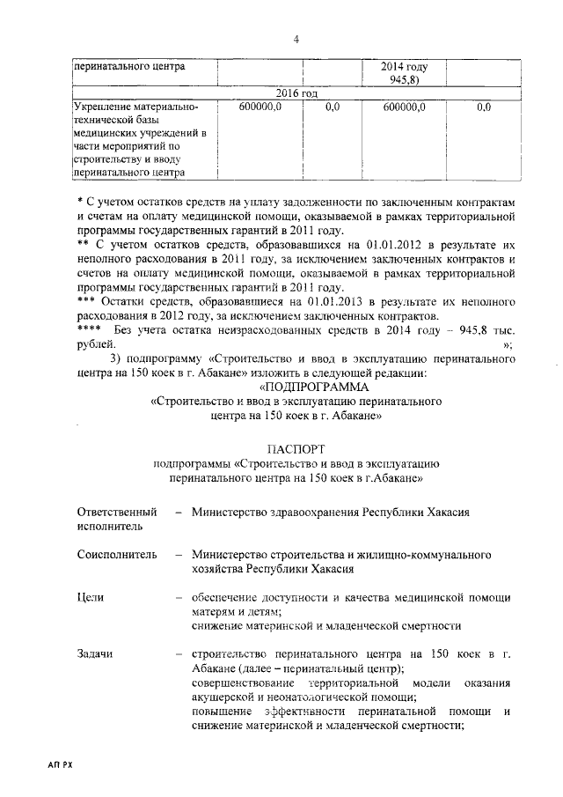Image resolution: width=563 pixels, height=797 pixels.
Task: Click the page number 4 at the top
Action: pos(296,39)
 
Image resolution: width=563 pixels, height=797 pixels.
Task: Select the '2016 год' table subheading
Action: pos(296,93)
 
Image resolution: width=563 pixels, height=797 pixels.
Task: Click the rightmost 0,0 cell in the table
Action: pos(483,107)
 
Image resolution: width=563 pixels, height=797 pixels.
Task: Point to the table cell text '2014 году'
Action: pos(404,66)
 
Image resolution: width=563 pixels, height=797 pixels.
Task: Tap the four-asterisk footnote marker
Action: pos(90,330)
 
